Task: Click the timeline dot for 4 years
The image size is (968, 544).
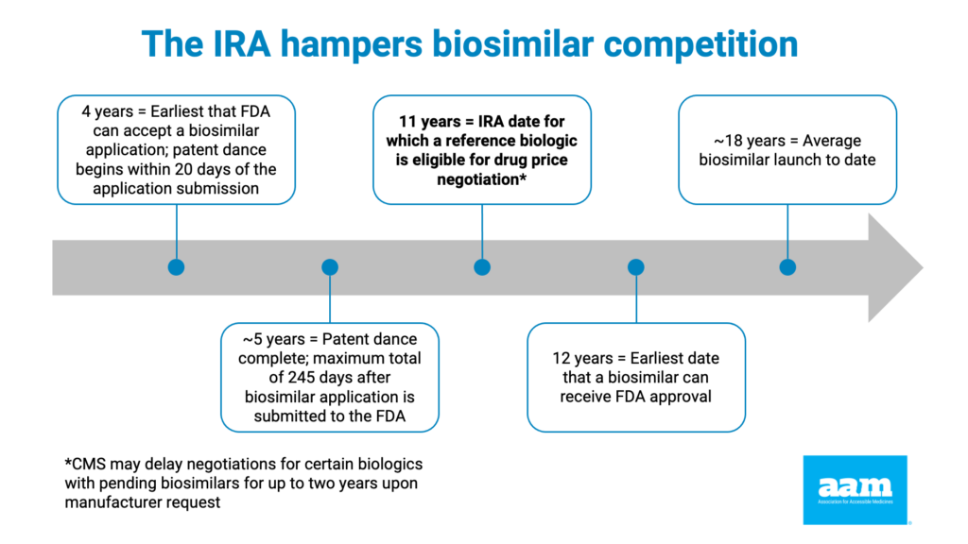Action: point(176,267)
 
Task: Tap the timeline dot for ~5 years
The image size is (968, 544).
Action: point(329,267)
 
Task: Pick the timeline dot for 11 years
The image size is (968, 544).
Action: point(482,267)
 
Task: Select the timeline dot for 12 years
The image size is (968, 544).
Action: point(635,267)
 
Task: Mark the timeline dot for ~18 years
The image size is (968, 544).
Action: point(787,267)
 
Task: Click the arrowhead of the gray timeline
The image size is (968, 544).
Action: point(893,267)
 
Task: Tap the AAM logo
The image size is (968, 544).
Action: point(855,489)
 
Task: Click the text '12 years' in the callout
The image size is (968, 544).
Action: point(582,359)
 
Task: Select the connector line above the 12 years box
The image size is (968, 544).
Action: point(635,299)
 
